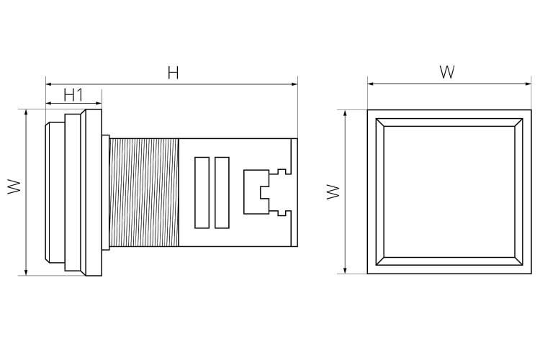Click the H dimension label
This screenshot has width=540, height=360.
pyautogui.click(x=174, y=73)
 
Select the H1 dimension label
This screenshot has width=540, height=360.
pyautogui.click(x=73, y=94)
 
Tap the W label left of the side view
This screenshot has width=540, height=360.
pyautogui.click(x=14, y=186)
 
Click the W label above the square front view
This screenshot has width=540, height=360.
pyautogui.click(x=447, y=72)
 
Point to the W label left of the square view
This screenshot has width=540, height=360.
pyautogui.click(x=333, y=192)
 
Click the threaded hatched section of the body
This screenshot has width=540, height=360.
pyautogui.click(x=144, y=192)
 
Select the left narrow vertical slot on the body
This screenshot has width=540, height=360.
pyautogui.click(x=202, y=192)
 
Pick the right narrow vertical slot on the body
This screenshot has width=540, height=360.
pyautogui.click(x=222, y=192)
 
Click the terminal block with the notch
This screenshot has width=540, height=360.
pyautogui.click(x=256, y=192)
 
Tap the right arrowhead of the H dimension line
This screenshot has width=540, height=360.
pyautogui.click(x=294, y=84)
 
